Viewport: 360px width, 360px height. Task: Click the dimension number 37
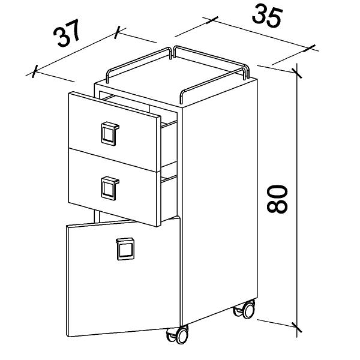click(x=67, y=33)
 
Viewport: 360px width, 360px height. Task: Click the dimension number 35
click(x=266, y=16)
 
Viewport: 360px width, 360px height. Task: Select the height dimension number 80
click(x=277, y=199)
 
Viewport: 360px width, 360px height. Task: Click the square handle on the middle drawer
click(x=110, y=188)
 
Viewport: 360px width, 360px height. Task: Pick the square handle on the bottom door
click(x=125, y=249)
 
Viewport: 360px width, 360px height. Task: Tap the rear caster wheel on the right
click(x=245, y=309)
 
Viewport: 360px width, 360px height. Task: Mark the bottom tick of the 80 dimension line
click(x=296, y=327)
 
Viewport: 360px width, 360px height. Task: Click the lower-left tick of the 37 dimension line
click(x=34, y=71)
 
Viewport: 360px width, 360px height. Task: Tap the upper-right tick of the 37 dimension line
click(x=117, y=32)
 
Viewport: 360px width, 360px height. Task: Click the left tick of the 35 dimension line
click(x=212, y=20)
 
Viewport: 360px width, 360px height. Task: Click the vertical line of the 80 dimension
click(x=296, y=200)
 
